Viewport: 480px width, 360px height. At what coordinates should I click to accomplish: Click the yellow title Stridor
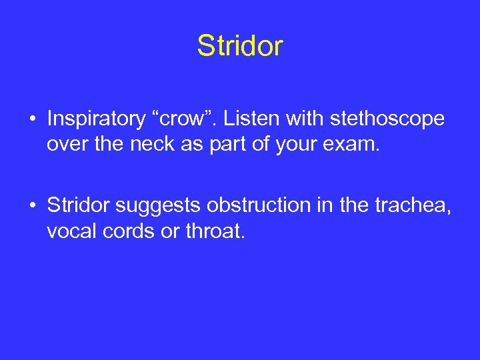240,46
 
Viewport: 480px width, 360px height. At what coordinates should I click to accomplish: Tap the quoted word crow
194,119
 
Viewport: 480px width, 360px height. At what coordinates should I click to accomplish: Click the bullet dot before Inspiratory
32,120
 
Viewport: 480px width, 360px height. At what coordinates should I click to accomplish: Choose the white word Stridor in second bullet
79,205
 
